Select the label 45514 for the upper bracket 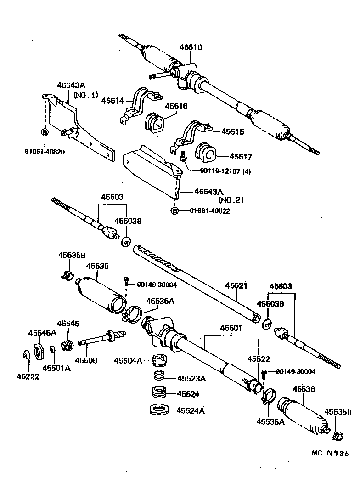coord(112,100)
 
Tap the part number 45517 coord(241,157)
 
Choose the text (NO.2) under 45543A coord(230,200)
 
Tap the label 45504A coord(128,361)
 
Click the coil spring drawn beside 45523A coord(158,377)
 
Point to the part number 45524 coord(188,394)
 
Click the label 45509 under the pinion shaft coord(86,360)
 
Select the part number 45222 coord(28,376)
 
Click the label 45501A coord(56,367)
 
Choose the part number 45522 coord(259,359)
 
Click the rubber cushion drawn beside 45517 coord(206,153)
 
